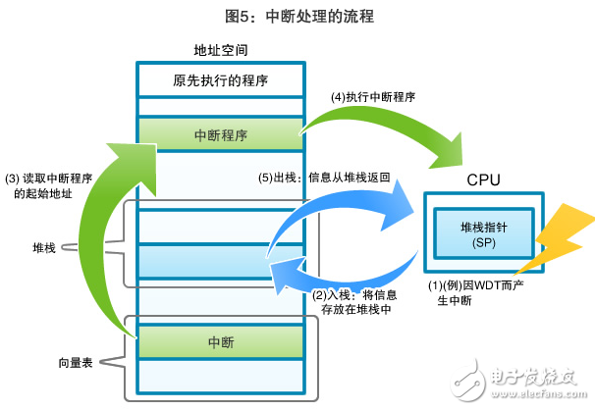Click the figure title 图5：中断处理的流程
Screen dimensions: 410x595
[297, 17]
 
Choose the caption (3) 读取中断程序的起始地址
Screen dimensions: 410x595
[46, 186]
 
